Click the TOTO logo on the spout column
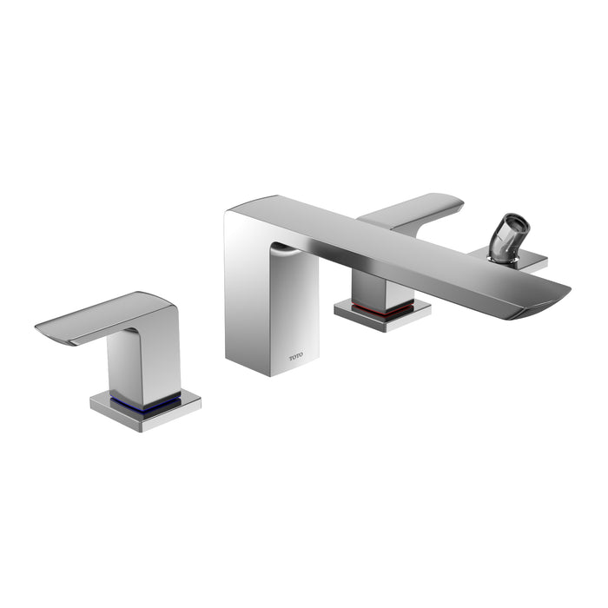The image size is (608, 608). pyautogui.click(x=297, y=356)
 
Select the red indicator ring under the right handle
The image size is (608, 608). pyautogui.click(x=382, y=307)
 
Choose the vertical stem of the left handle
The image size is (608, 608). pyautogui.click(x=143, y=365)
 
